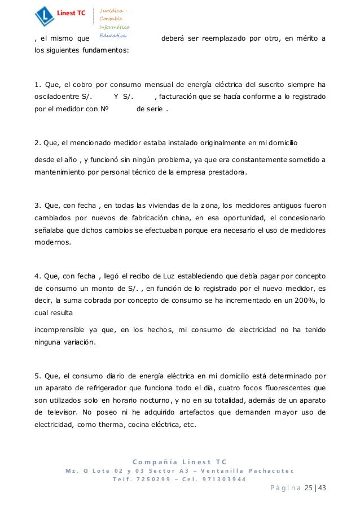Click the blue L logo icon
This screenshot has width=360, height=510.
pyautogui.click(x=44, y=16)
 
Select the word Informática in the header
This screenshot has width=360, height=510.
pyautogui.click(x=115, y=27)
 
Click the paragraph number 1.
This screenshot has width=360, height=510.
pyautogui.click(x=37, y=85)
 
